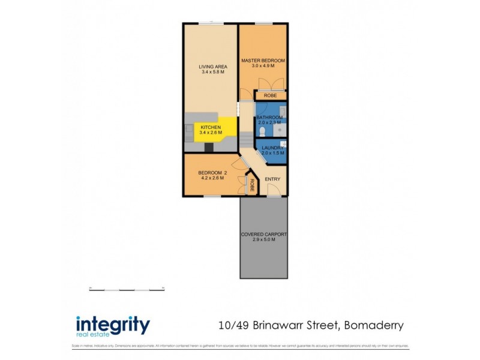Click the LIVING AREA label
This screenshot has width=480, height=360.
211,67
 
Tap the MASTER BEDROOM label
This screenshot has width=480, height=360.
263,61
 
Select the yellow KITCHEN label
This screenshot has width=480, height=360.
211,127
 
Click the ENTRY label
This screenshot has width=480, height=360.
272,179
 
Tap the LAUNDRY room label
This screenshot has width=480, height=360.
272,147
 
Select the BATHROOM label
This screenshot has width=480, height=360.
269,118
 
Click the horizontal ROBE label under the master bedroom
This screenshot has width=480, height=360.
271,95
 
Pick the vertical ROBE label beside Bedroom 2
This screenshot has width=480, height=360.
252,186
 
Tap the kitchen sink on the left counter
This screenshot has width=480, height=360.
188,129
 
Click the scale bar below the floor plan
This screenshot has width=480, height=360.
127,290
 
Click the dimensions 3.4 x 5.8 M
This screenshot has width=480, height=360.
211,72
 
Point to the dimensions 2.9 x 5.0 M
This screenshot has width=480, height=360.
263,240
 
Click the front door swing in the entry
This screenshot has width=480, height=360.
274,191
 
